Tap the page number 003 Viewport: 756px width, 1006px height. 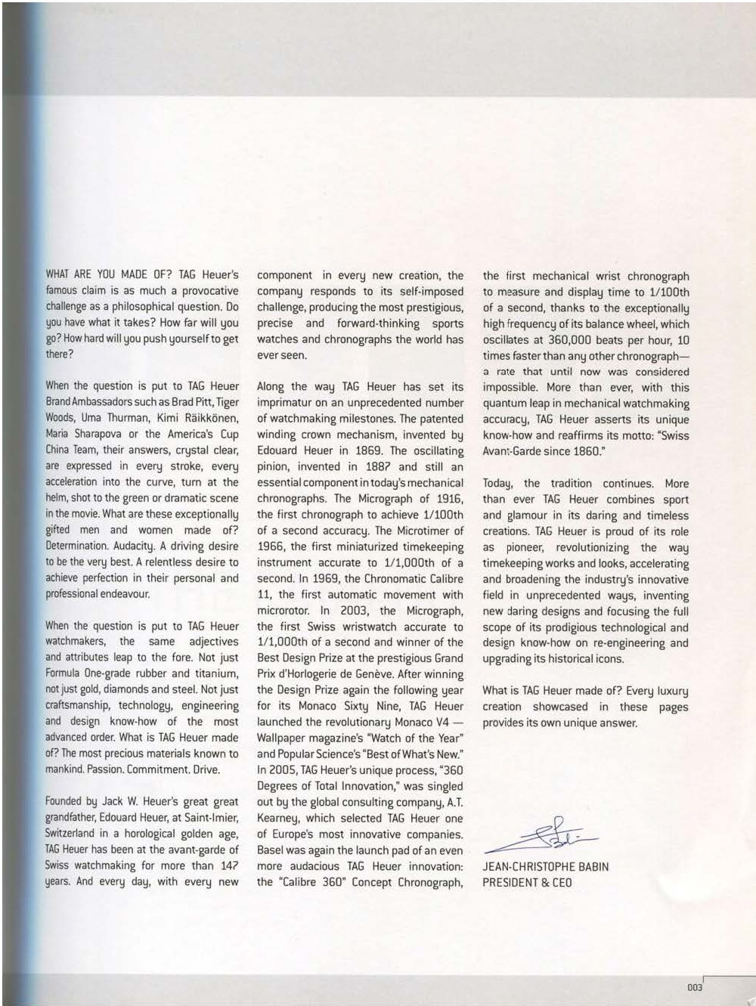point(695,987)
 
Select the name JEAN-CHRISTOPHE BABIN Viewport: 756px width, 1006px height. point(545,866)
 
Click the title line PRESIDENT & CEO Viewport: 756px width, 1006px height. point(527,882)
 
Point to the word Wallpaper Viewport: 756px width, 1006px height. point(282,738)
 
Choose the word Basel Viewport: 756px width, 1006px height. point(271,850)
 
